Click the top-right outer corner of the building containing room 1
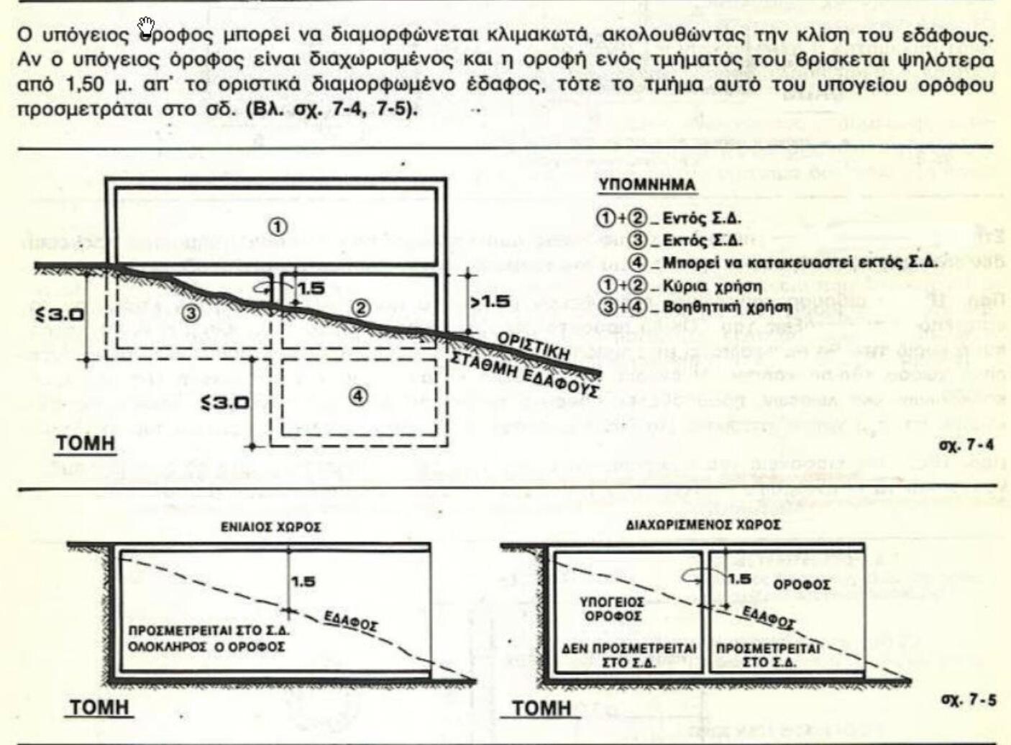[x=447, y=178]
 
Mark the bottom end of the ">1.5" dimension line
[x=467, y=332]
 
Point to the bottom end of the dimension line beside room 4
[x=253, y=446]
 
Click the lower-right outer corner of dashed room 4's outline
[x=447, y=446]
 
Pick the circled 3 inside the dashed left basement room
[x=192, y=312]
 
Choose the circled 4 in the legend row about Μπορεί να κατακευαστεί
[x=641, y=262]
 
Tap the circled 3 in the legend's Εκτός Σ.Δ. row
[x=641, y=240]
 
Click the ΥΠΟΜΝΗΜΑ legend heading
[x=647, y=186]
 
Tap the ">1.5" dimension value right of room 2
[x=490, y=301]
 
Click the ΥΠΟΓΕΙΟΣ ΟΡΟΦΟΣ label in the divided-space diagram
[x=612, y=608]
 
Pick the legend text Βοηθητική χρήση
[x=728, y=308]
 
